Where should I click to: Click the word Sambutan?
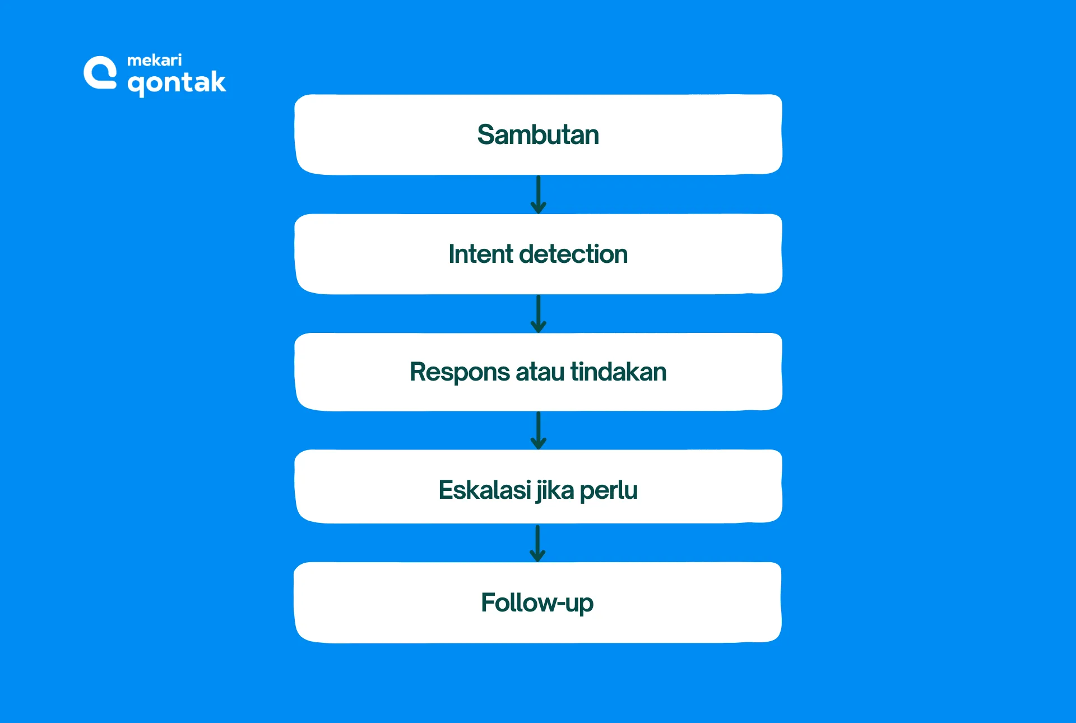pos(538,135)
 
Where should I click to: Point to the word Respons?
pos(460,373)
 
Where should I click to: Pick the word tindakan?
pos(618,372)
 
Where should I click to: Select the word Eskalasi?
pos(484,490)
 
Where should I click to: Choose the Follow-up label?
pos(537,603)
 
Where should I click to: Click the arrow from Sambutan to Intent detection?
pos(538,194)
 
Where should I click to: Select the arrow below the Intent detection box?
pos(538,314)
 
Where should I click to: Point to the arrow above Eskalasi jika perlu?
pos(538,430)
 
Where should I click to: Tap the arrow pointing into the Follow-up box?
pos(537,543)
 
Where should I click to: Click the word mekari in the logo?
pos(154,60)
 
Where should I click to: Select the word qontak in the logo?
pos(177,83)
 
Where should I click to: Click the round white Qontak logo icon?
pos(100,73)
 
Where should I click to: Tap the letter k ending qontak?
pos(217,81)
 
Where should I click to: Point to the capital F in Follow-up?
pos(489,602)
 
